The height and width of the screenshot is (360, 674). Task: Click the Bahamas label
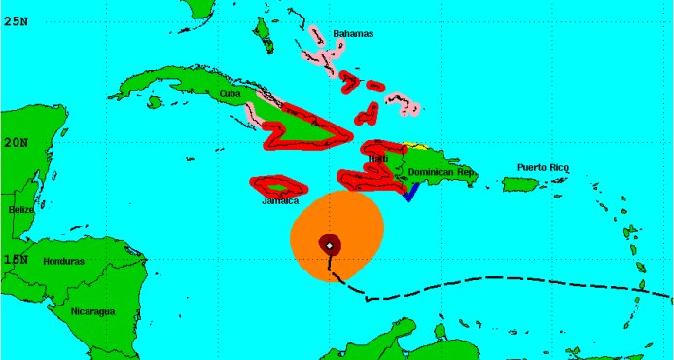(x=353, y=34)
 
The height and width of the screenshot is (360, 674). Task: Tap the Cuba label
(x=230, y=93)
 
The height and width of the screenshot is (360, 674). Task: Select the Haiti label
(x=378, y=158)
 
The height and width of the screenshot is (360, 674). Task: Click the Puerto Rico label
(x=543, y=167)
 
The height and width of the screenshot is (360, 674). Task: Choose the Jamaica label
(x=279, y=200)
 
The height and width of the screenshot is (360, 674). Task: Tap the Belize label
(x=20, y=209)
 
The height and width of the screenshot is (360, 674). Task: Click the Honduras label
(x=63, y=261)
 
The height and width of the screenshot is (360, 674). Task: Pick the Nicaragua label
(x=92, y=311)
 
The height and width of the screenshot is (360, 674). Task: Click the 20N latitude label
(x=15, y=141)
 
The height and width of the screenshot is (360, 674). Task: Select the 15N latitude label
(x=15, y=259)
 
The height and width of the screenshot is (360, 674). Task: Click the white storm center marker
(x=330, y=245)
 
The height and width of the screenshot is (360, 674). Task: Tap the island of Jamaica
(x=276, y=185)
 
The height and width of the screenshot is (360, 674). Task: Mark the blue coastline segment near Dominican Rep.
(x=409, y=193)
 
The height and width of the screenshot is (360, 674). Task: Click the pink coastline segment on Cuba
(x=252, y=113)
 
